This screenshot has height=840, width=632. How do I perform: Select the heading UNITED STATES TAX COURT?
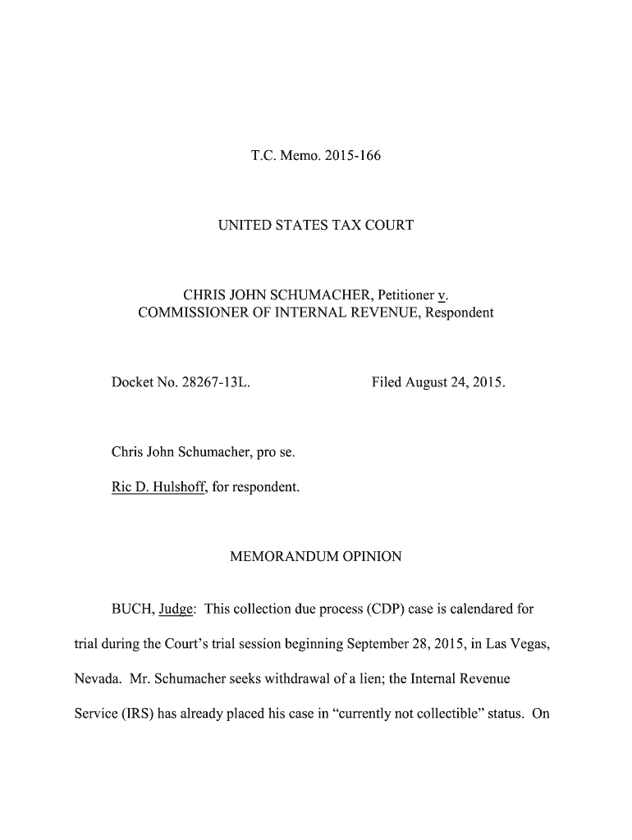tap(315, 224)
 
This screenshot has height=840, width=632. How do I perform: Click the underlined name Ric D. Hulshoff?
tap(160, 487)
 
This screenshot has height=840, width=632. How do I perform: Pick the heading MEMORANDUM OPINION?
tap(315, 557)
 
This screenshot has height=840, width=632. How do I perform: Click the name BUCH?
tap(131, 609)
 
